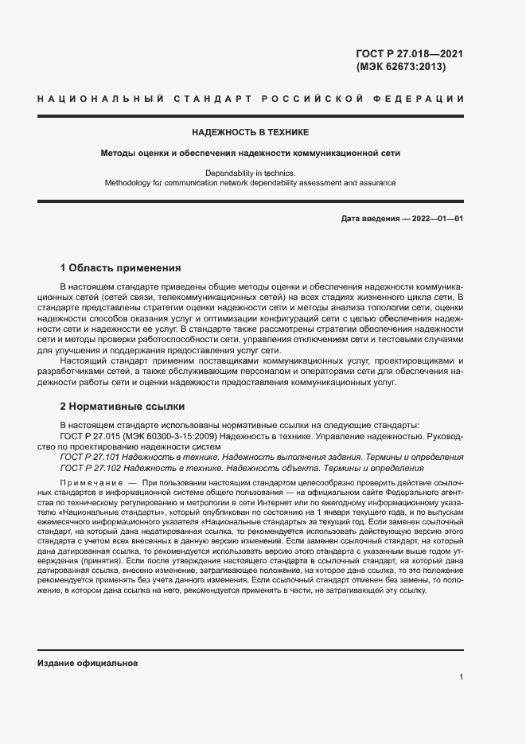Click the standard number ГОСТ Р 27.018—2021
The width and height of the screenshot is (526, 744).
pyautogui.click(x=409, y=54)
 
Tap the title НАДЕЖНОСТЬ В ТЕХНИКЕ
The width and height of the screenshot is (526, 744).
pyautogui.click(x=250, y=132)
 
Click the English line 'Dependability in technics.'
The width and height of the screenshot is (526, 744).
pyautogui.click(x=250, y=173)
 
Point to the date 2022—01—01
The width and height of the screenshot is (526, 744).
pyautogui.click(x=438, y=219)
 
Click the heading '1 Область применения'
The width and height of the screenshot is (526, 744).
pyautogui.click(x=121, y=267)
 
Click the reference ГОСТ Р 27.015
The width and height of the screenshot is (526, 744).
pyautogui.click(x=91, y=436)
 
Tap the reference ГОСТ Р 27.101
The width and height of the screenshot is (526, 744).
pyautogui.click(x=91, y=458)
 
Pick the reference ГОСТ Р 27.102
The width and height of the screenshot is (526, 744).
pyautogui.click(x=91, y=468)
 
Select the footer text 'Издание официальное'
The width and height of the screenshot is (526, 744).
pyautogui.click(x=88, y=662)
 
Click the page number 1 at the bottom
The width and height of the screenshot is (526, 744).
pyautogui.click(x=462, y=677)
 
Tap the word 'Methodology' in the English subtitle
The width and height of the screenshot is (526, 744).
pyautogui.click(x=131, y=182)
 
